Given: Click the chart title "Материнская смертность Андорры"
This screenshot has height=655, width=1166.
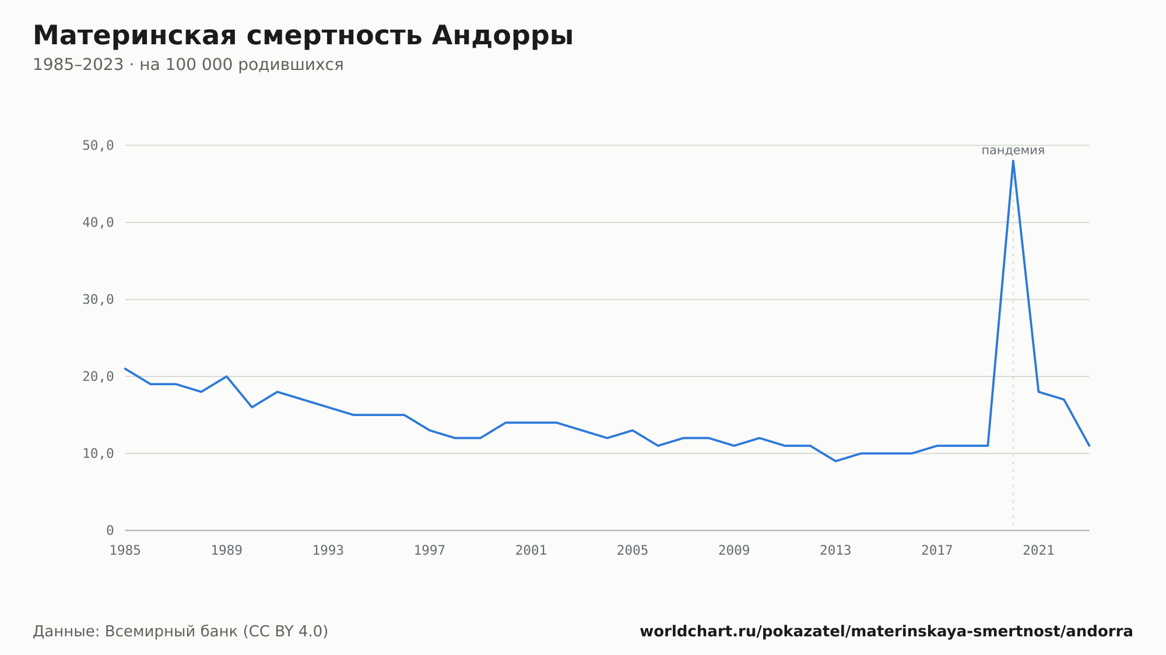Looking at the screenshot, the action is point(303,36).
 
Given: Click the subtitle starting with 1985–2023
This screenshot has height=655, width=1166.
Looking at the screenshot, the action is point(188,65).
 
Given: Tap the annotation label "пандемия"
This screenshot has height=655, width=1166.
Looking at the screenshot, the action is point(1013,150).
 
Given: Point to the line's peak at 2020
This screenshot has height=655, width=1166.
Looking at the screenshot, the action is point(1013,161).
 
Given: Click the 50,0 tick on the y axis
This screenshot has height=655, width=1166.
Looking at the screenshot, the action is point(98,146).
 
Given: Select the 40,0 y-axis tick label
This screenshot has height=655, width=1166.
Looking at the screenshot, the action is point(98,223).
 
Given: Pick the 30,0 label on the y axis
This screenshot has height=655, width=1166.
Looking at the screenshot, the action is point(98,300).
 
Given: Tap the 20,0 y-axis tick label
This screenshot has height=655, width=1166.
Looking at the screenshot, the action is point(98,376).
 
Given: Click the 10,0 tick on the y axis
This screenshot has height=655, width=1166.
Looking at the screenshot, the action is point(98,453).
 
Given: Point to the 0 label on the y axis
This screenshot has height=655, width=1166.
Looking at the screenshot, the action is point(110,530).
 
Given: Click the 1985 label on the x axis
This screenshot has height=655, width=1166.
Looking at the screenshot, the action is point(125,550).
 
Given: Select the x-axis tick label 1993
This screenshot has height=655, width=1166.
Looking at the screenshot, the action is point(328,550).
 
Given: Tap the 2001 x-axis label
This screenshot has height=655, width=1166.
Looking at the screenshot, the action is point(531,550).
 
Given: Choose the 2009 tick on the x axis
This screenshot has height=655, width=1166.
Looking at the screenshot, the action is point(734,550).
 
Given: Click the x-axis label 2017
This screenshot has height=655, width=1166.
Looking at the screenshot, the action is point(937,550).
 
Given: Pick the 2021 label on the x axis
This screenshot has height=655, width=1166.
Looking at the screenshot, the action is point(1038,550).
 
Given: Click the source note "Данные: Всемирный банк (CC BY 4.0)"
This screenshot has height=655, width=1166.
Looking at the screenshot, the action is point(181,632).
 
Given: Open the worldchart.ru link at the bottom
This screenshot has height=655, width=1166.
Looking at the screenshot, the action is point(886,632).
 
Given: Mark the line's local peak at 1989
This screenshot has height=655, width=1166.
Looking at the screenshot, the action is point(226,376).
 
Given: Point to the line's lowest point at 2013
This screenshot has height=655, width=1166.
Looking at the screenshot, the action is point(835,461).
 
